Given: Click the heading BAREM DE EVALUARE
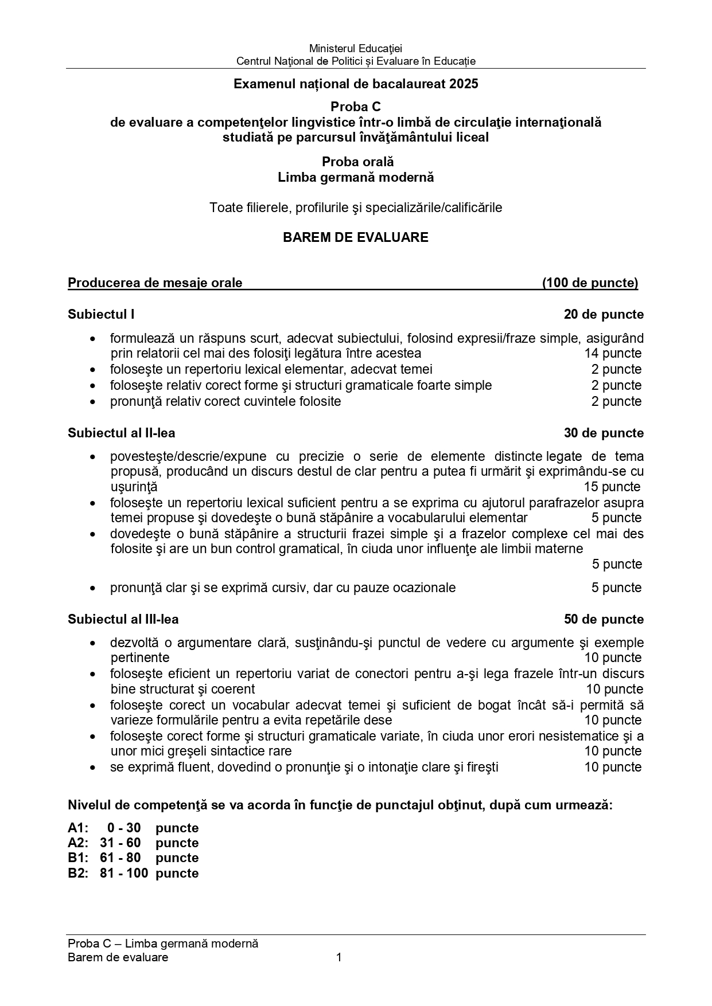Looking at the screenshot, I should pos(355,237).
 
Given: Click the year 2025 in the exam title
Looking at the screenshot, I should pos(464,84).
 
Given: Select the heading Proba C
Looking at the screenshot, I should pos(355,107).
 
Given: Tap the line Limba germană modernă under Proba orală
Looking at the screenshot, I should pos(355,177).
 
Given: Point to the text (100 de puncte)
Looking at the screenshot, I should pos(590,283).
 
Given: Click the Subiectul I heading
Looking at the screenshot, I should pos(101,314).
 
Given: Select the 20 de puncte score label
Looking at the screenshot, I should pos(604,314).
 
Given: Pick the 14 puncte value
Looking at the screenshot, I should pos(613,354).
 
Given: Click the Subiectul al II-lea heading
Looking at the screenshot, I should pos(121,433).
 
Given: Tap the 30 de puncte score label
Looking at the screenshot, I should pos(604,433).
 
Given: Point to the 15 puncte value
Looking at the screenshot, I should pos(612,487).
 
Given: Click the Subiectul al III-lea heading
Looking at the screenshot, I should pos(123,619).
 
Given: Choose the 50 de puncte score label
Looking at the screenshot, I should pos(604,619).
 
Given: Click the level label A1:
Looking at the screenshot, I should pos(77,828).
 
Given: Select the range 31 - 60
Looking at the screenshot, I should pos(120,843).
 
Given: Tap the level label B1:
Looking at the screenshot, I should pos(77,858).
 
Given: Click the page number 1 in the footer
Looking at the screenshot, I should pos(339,957).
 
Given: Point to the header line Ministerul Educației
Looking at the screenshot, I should pos(355,49).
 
